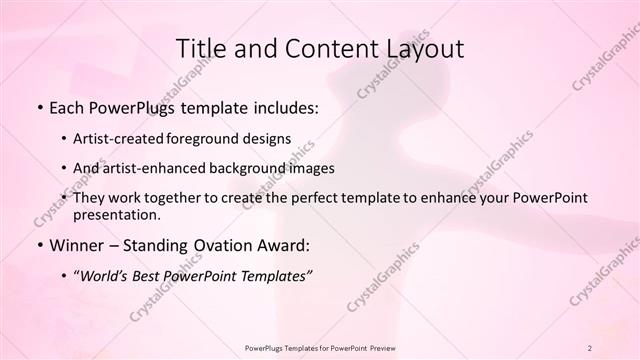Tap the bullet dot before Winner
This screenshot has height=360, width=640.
point(39,245)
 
